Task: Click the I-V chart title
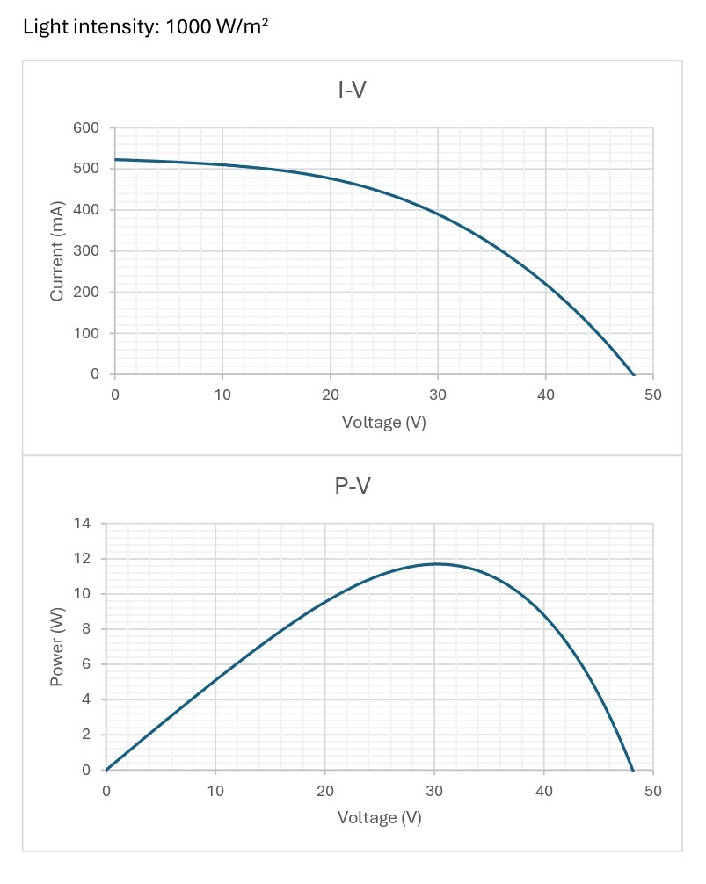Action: [352, 90]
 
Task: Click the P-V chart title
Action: [353, 485]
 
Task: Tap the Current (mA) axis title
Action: [56, 251]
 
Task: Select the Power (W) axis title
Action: [56, 647]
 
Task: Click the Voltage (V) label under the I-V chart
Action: [383, 423]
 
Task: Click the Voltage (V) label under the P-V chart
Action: [380, 818]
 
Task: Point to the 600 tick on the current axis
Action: [85, 127]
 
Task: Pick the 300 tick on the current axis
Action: [85, 251]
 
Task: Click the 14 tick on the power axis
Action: [82, 523]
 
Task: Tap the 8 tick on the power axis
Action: [85, 628]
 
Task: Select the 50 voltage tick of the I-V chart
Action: [653, 395]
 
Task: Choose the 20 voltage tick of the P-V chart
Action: [324, 791]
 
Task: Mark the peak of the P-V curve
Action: [436, 564]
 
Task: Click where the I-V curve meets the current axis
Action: [115, 160]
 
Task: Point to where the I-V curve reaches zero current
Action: [634, 374]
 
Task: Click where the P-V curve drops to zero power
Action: [633, 770]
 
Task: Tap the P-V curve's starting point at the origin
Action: [106, 770]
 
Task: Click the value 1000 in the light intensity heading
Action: [188, 26]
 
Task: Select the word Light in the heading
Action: [42, 27]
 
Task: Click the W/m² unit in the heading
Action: [243, 26]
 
